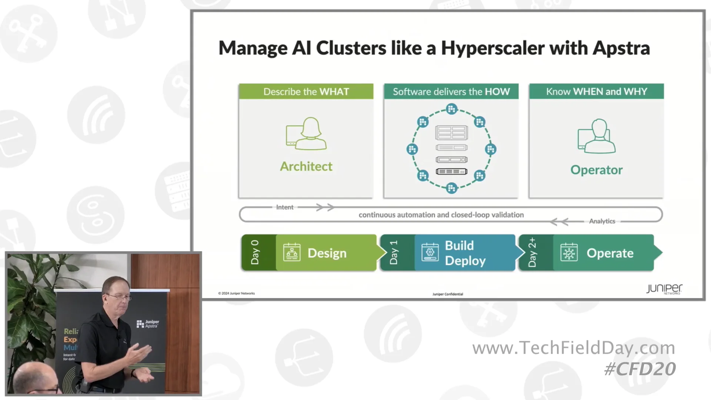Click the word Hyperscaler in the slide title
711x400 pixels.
493,49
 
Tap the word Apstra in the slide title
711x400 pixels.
621,49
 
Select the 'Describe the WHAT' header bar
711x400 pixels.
306,91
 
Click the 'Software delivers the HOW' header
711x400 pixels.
451,91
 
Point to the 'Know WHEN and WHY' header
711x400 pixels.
596,91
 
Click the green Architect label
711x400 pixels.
306,167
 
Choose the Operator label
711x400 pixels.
596,170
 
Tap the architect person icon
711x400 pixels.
307,134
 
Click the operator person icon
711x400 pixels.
597,136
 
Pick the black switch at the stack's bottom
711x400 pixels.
451,171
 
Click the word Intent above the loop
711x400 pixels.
284,207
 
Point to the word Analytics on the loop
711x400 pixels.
602,221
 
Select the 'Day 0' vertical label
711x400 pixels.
255,253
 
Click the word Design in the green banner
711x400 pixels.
327,253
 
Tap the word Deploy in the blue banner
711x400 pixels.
465,261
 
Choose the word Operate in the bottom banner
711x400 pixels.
610,253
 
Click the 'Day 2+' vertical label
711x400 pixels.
532,253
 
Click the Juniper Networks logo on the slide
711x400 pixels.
664,289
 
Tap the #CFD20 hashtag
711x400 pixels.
640,369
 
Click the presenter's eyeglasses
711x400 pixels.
119,297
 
